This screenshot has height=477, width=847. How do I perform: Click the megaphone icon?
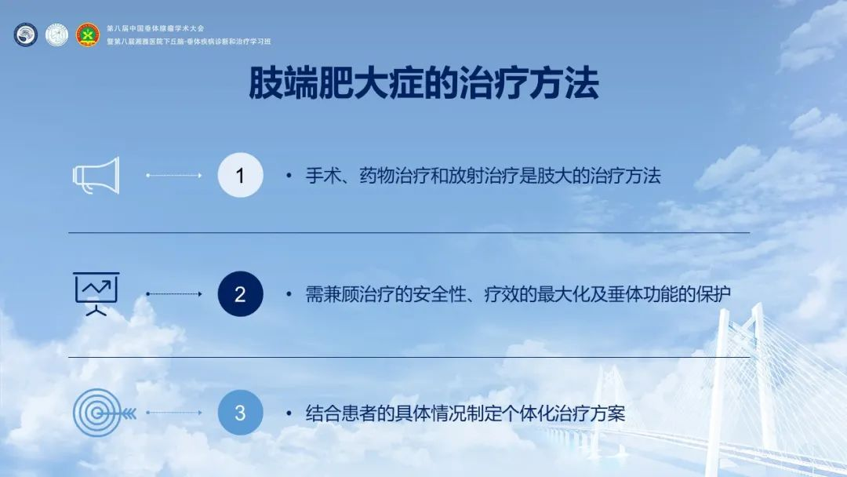click(96, 176)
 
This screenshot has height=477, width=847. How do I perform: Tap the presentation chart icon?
click(96, 294)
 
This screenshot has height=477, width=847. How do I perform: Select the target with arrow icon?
click(104, 413)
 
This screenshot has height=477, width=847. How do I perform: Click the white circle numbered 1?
click(241, 175)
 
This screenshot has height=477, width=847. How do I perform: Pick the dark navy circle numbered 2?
click(241, 294)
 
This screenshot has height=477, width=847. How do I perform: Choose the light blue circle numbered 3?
click(241, 413)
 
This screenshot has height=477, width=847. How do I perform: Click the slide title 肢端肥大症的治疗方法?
click(423, 84)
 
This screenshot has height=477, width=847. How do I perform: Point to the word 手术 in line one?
click(323, 176)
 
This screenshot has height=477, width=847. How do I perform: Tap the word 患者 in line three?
click(358, 413)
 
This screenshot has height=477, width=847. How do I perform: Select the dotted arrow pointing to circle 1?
click(174, 175)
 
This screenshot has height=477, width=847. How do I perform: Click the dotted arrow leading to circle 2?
click(174, 294)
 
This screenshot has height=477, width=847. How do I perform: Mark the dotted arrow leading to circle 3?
click(174, 413)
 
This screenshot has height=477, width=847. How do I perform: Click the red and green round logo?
click(88, 35)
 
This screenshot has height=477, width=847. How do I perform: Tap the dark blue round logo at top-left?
click(25, 35)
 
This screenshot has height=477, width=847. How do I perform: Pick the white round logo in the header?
click(56, 35)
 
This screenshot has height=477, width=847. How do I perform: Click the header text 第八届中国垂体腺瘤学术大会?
click(155, 28)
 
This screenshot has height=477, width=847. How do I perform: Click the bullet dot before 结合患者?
click(289, 413)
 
